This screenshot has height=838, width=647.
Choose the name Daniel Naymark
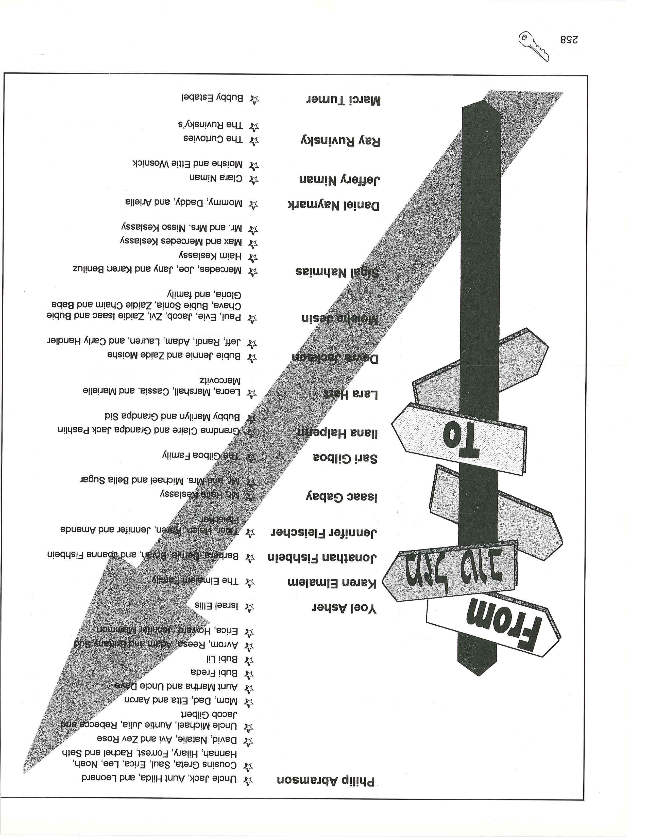tap(333, 205)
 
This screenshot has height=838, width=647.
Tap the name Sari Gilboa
tap(345, 458)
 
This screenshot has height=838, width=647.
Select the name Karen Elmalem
tap(332, 583)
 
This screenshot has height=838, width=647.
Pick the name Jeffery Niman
tap(339, 180)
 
